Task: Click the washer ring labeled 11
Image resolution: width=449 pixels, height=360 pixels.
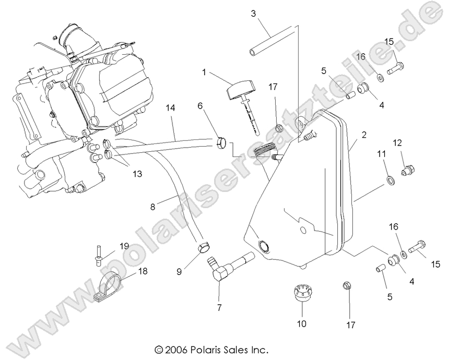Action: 389,181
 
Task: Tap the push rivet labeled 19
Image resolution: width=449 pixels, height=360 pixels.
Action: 99,254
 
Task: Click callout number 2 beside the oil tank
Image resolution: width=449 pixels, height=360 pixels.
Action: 364,134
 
